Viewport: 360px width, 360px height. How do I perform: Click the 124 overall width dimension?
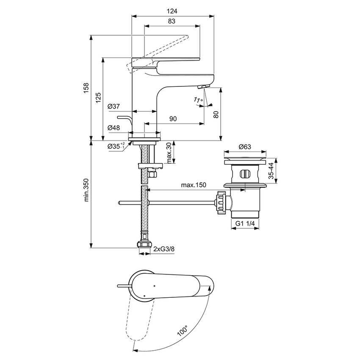click(172, 8)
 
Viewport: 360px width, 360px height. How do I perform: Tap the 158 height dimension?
click(86, 88)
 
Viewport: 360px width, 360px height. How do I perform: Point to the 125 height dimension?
click(98, 98)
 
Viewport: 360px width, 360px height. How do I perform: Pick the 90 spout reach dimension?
click(173, 119)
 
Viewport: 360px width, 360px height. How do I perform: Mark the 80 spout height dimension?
click(215, 114)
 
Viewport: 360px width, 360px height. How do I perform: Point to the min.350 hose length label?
click(86, 191)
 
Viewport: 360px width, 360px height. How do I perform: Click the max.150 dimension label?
click(194, 185)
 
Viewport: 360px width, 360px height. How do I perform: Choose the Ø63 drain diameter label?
click(245, 147)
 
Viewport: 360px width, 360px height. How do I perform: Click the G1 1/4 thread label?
click(245, 224)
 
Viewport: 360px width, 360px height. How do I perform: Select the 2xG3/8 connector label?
click(164, 249)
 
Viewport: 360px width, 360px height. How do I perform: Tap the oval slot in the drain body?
click(245, 174)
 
